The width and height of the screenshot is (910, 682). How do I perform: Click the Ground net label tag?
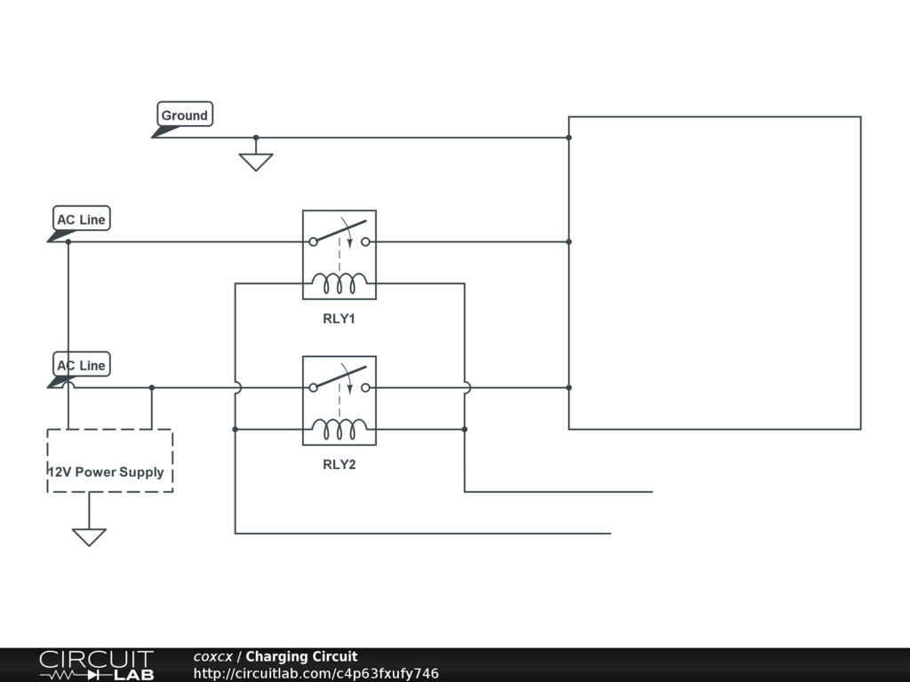click(185, 115)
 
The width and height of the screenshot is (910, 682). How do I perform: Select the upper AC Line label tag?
click(81, 219)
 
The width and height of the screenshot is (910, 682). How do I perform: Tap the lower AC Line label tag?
click(81, 365)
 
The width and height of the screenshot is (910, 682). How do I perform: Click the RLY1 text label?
click(339, 318)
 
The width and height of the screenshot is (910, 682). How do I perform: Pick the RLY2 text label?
click(339, 464)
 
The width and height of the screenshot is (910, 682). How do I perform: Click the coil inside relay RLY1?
click(339, 283)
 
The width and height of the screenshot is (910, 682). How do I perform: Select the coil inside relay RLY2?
click(339, 430)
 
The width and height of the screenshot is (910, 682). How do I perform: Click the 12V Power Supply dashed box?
click(109, 461)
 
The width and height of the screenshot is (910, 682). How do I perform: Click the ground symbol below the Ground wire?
click(256, 162)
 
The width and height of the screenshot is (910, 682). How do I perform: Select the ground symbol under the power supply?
click(89, 537)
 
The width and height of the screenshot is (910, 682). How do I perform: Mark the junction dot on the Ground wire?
click(256, 138)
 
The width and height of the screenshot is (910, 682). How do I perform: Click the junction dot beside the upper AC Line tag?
click(68, 242)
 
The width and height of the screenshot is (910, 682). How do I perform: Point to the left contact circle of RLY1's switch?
click(312, 242)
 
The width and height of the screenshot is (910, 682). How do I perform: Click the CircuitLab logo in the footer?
click(96, 665)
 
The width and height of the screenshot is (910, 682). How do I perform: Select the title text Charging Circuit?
click(301, 657)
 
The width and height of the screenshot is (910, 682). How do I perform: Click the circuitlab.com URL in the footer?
click(315, 674)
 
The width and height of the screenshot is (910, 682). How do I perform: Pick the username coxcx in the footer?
click(213, 657)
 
